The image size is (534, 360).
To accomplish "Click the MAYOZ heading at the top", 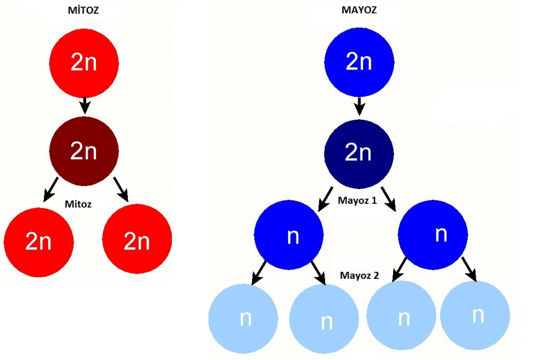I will (359, 10).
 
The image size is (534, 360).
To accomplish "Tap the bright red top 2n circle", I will (84, 63).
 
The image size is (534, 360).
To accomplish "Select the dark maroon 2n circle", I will (84, 151).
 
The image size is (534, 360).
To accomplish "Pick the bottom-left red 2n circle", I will (39, 241).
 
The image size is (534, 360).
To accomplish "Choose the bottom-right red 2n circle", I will (137, 241).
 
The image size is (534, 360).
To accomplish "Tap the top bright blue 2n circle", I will (359, 61).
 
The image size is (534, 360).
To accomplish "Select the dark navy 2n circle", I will (359, 153).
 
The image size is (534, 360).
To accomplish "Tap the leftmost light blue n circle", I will (243, 318).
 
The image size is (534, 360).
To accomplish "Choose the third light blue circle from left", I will (401, 317).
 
